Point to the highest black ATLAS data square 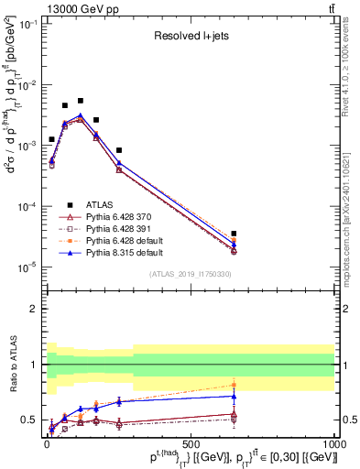81,101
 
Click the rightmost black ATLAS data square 234,234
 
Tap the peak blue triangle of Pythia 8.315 81,115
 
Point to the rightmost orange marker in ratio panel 234,385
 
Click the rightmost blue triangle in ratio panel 234,396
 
